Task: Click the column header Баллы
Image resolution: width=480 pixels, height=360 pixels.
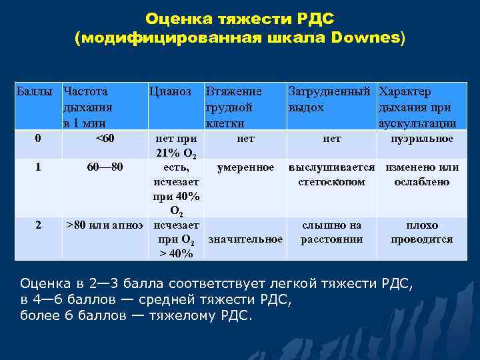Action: [37, 91]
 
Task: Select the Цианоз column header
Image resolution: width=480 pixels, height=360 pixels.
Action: [171, 91]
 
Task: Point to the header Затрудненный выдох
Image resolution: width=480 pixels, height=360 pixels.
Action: [329, 99]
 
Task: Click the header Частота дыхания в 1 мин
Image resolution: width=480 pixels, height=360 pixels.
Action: [87, 107]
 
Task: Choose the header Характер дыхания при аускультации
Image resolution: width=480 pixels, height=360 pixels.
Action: [417, 107]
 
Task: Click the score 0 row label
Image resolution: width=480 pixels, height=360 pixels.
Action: [38, 139]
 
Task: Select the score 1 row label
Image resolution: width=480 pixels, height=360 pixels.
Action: [38, 167]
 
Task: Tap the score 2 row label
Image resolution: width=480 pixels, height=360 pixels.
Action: [38, 225]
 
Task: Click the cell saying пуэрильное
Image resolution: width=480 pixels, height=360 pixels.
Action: [422, 139]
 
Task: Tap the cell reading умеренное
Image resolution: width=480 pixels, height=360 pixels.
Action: [245, 167]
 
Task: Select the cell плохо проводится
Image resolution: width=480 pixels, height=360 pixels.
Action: [422, 233]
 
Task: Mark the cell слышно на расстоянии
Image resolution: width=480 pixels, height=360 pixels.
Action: [331, 233]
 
